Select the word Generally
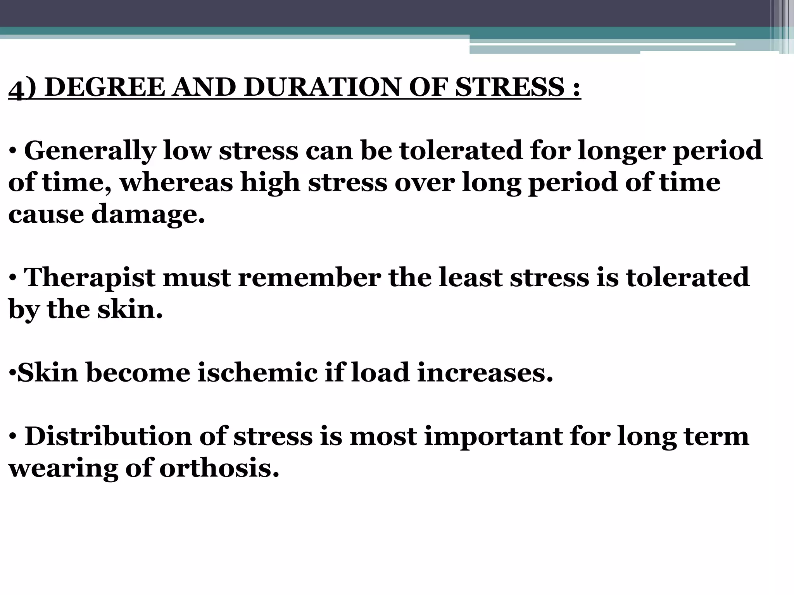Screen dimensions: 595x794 click(90, 151)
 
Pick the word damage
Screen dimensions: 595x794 click(148, 214)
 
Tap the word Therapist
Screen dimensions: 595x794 click(90, 277)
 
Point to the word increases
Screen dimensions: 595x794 click(485, 372)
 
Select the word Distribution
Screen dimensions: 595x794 click(108, 436)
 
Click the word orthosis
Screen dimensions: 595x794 click(219, 468)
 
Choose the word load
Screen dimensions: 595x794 click(380, 372)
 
